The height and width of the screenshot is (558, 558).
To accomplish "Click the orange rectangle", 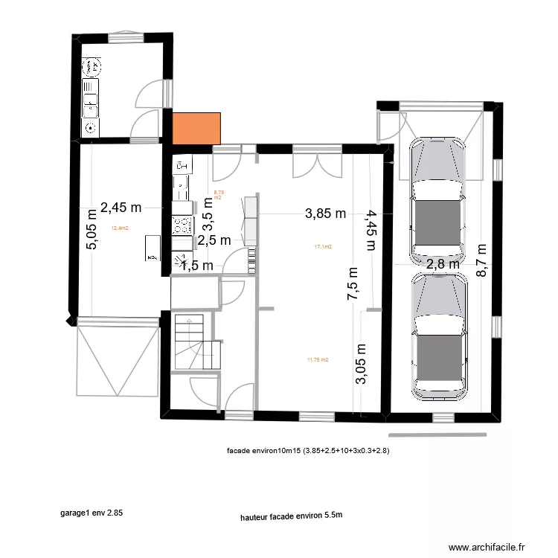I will point(197,127).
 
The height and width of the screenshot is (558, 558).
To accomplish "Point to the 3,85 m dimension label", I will point(326,214).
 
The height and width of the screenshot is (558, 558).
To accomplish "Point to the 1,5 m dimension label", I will point(197,266).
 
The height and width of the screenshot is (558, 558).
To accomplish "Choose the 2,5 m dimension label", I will point(214,240).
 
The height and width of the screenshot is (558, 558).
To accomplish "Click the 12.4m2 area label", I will point(120,228).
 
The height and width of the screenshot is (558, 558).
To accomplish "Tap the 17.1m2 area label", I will point(323,246).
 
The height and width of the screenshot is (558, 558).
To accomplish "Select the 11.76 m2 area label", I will point(317,359).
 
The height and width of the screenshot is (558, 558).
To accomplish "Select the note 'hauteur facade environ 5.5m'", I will point(291,515).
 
